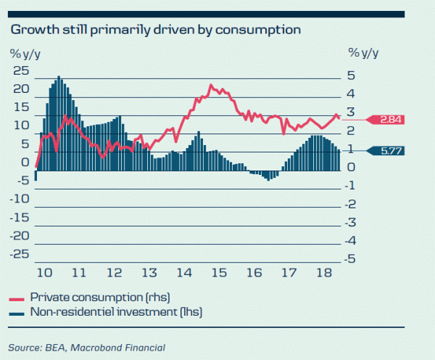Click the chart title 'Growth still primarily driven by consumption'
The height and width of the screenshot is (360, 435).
click(154, 30)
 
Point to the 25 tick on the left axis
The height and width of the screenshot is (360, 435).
click(21, 70)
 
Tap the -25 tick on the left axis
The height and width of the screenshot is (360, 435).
click(20, 254)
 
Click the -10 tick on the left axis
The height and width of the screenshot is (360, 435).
click(20, 199)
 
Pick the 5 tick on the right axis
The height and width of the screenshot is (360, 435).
click(352, 75)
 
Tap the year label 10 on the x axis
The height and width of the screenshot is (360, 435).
click(43, 273)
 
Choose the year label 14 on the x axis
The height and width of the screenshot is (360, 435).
click(183, 273)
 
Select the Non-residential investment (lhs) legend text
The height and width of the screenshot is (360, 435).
click(115, 312)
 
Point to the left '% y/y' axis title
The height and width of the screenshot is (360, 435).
click(25, 52)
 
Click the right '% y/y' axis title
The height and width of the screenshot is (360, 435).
click(363, 52)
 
